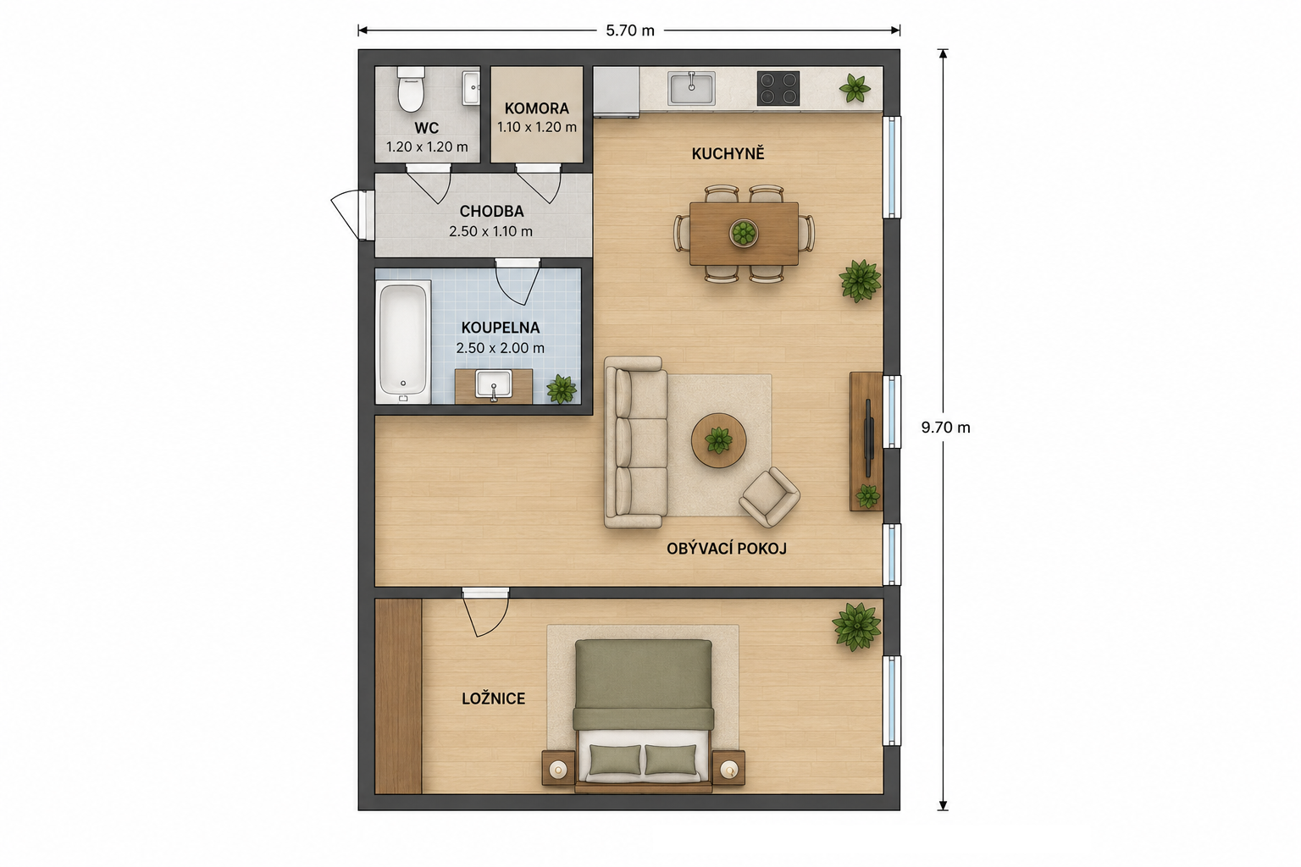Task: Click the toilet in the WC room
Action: point(411,89)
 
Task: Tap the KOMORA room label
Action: point(537,108)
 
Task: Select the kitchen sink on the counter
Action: point(691,88)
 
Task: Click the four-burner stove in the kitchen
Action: point(778,88)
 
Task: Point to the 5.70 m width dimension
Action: point(630,30)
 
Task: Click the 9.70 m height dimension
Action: point(945,428)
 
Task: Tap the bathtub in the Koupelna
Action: point(403,342)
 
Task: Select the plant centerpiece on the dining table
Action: point(744,233)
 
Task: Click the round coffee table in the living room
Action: point(718,440)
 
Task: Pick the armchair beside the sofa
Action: point(770,497)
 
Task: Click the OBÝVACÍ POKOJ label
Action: point(727,549)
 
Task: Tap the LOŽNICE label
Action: point(494,699)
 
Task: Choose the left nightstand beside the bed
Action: point(558,768)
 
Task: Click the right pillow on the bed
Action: point(671,759)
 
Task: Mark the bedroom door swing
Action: point(486,615)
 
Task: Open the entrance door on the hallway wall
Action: point(350,215)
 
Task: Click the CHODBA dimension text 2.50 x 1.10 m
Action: point(490,231)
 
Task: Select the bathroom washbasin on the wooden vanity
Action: point(494,384)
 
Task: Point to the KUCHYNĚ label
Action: point(728,154)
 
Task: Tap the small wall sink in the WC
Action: point(471,88)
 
